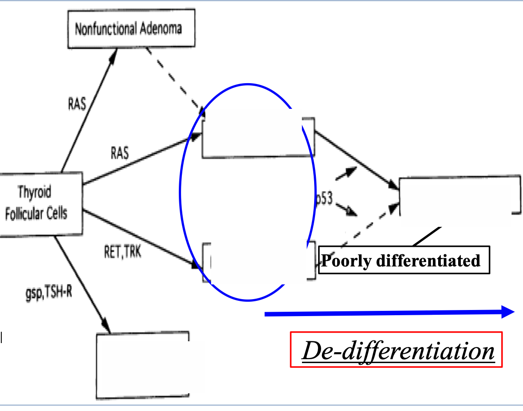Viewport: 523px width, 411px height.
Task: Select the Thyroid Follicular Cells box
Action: [x=41, y=203]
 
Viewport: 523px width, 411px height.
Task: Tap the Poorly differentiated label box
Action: [x=402, y=261]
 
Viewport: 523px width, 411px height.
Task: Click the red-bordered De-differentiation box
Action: [x=396, y=350]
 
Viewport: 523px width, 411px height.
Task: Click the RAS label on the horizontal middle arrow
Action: [x=120, y=153]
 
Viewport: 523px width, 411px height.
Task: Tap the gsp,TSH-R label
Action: [x=48, y=290]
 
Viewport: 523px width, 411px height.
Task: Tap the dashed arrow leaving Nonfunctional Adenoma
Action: [x=174, y=78]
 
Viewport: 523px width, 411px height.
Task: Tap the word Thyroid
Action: [x=34, y=192]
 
